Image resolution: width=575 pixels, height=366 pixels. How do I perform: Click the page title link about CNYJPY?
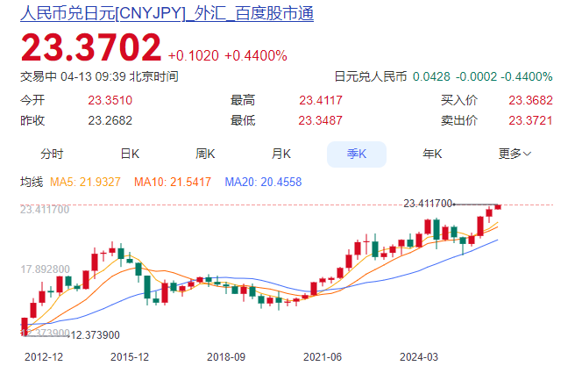pyautogui.click(x=167, y=13)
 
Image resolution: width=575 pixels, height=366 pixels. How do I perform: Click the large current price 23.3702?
pyautogui.click(x=91, y=47)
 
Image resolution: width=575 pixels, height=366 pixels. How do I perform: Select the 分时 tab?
pyautogui.click(x=52, y=154)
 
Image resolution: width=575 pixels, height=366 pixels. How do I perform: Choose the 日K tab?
pyautogui.click(x=130, y=154)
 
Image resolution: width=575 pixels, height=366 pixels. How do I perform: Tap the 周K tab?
pyautogui.click(x=205, y=154)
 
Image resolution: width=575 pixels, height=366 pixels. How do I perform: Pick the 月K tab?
pyautogui.click(x=280, y=154)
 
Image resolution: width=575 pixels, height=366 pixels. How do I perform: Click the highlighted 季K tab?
pyautogui.click(x=357, y=154)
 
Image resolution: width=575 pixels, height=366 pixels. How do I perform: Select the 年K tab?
pyautogui.click(x=432, y=154)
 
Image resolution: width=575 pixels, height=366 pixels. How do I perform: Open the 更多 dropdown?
pyautogui.click(x=515, y=154)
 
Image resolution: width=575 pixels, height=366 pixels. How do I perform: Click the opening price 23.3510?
pyautogui.click(x=110, y=100)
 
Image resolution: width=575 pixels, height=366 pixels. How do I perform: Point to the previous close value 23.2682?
pyautogui.click(x=110, y=120)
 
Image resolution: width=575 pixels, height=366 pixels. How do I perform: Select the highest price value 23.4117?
pyautogui.click(x=321, y=100)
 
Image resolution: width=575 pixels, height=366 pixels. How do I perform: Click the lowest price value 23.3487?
pyautogui.click(x=321, y=120)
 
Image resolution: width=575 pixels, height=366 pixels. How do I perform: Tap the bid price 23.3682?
pyautogui.click(x=530, y=100)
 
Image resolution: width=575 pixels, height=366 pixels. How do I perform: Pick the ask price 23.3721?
pyautogui.click(x=530, y=120)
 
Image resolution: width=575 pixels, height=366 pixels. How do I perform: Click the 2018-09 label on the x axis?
pyautogui.click(x=226, y=357)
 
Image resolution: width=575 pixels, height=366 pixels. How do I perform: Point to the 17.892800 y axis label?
pyautogui.click(x=45, y=269)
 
